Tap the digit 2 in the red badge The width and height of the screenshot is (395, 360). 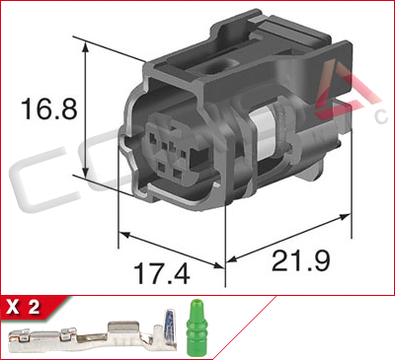(35, 307)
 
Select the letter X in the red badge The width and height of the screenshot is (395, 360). (14, 307)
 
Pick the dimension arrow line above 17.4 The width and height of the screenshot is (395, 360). (172, 248)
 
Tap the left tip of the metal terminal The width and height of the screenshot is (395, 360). (12, 340)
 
